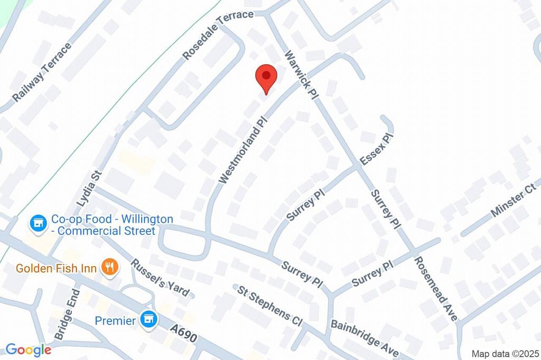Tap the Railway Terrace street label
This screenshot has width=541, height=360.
click(42, 73)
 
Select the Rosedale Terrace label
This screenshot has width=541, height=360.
click(218, 35)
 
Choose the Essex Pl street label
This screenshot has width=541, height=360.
click(377, 150)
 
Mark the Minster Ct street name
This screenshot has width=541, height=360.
click(513, 201)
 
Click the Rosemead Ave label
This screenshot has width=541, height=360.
click(436, 288)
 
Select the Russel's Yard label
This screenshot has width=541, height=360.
click(160, 278)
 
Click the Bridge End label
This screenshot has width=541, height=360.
click(67, 314)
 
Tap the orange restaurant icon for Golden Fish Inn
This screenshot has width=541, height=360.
click(110, 268)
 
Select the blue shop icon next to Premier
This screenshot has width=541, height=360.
click(149, 319)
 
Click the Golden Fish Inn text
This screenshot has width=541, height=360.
click(56, 268)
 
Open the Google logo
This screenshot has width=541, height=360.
click(28, 349)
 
